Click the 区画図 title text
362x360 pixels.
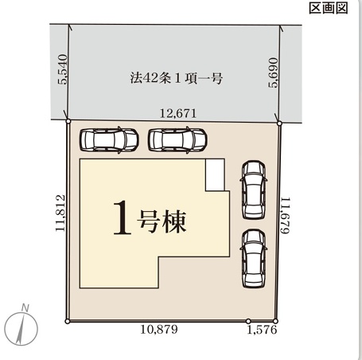(329, 8)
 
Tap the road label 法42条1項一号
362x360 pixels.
(176, 78)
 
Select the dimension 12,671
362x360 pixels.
(178, 113)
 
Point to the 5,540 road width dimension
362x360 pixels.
(63, 69)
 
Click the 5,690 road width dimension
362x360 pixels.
(274, 72)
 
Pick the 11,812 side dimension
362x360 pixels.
(60, 213)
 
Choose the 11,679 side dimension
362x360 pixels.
(286, 215)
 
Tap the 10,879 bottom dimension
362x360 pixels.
(159, 330)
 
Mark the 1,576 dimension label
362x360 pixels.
(262, 330)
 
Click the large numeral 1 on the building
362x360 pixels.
(123, 217)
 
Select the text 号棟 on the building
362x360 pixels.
(162, 221)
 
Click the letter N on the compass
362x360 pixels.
(25, 308)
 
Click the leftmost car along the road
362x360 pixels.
(109, 140)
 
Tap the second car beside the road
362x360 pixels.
(177, 140)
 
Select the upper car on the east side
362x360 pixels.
(254, 190)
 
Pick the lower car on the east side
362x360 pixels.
(254, 259)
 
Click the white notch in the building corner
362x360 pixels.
(215, 174)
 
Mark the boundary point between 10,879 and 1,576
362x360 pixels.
(248, 321)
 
